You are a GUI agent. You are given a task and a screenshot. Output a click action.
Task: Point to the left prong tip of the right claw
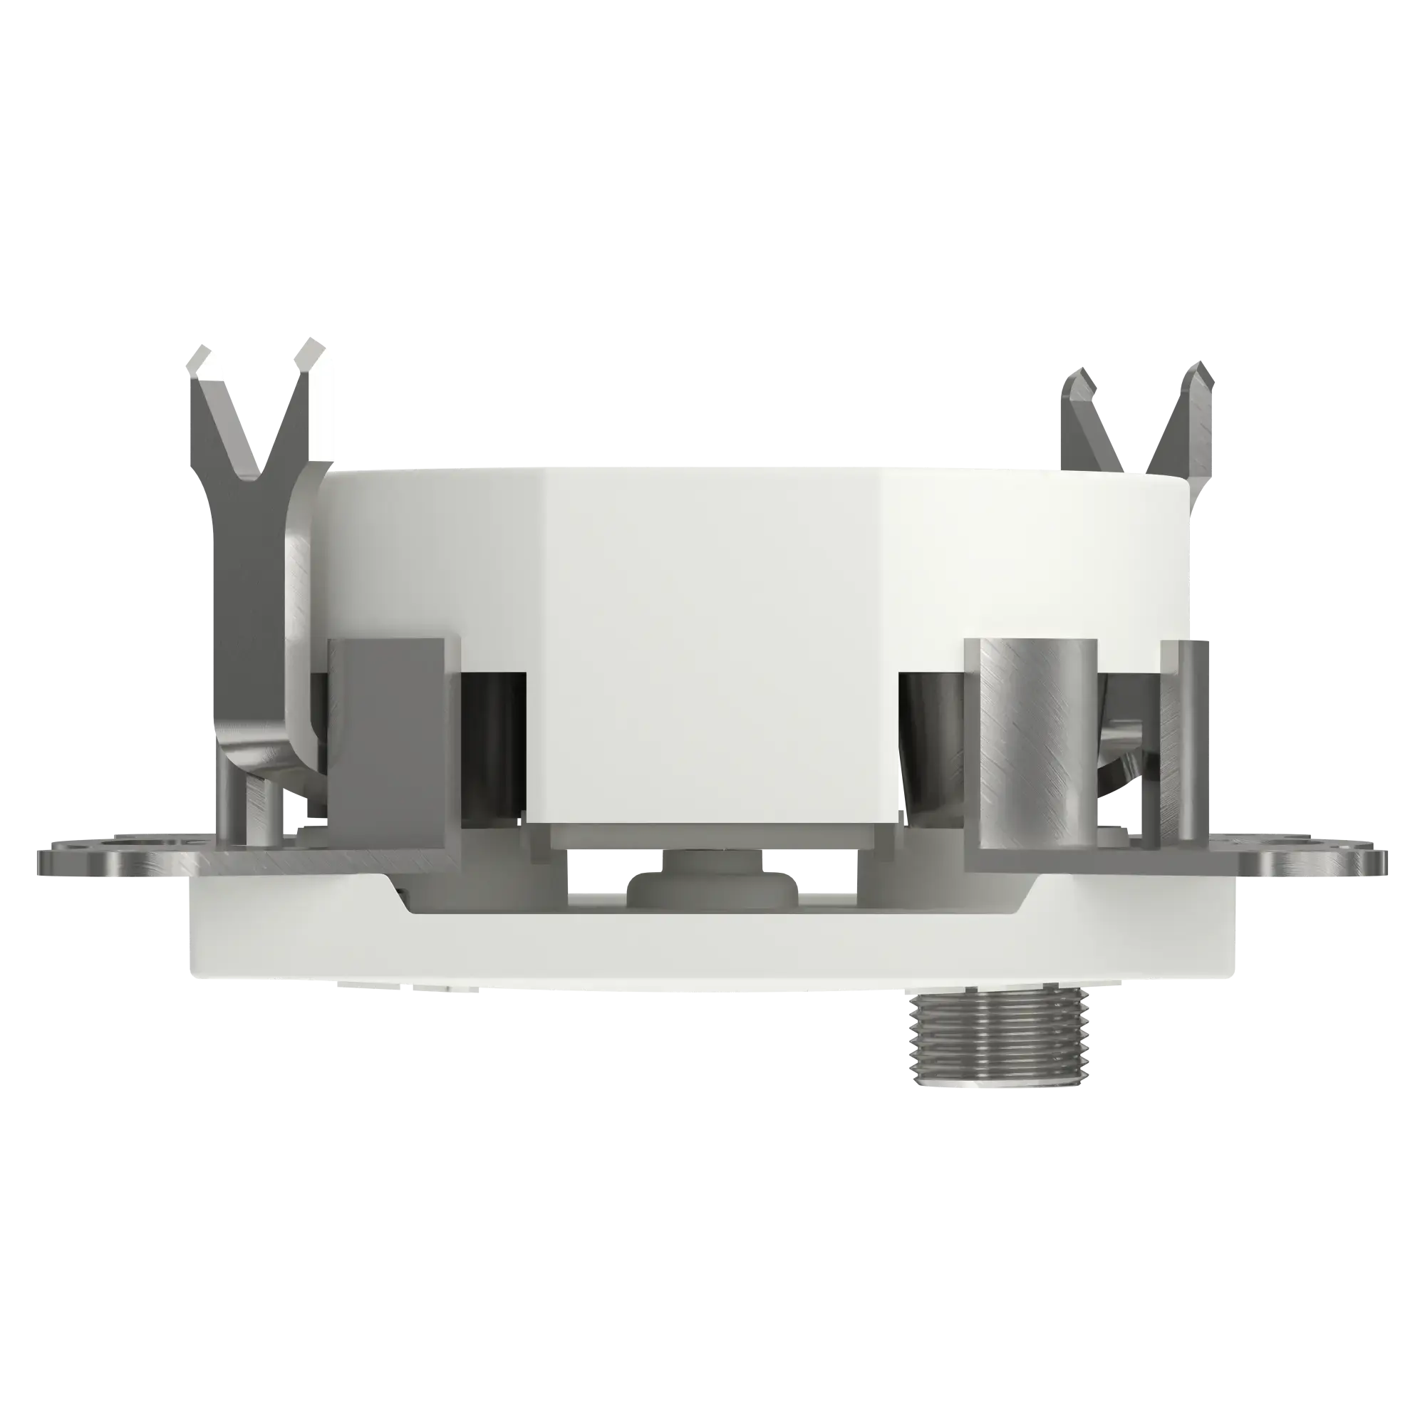click(1077, 380)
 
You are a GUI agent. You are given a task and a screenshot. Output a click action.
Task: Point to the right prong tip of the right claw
click(1198, 376)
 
